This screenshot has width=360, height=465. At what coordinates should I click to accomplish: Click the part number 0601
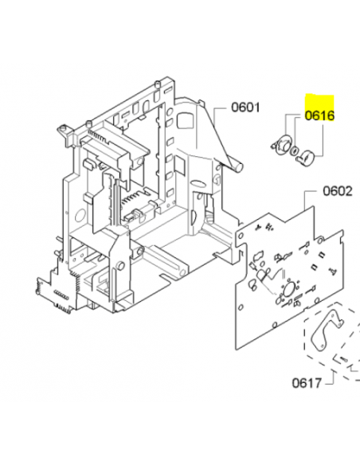[x=245, y=107]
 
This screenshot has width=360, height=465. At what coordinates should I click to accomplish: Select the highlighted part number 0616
[x=319, y=115]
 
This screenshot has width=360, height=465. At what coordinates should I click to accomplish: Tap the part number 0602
[x=338, y=191]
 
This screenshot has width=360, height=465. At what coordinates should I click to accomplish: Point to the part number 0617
[x=307, y=383]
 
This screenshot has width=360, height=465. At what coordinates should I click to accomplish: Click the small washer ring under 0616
[x=294, y=150]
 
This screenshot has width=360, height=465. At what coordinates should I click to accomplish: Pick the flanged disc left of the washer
[x=281, y=144]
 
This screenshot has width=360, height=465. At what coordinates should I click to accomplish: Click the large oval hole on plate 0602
[x=288, y=289]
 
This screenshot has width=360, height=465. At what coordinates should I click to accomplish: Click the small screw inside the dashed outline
[x=344, y=358]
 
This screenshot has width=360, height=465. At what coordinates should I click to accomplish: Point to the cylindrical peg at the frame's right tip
[x=239, y=167]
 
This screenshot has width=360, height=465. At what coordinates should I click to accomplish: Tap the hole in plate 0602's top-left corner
[x=241, y=236]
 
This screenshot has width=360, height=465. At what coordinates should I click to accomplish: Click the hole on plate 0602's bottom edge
[x=275, y=324]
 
